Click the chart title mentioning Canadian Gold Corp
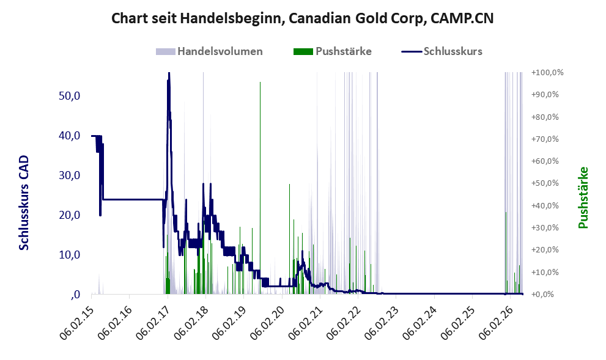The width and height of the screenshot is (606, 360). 303,18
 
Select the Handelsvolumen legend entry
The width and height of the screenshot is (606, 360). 209,51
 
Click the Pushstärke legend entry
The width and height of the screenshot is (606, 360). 333,51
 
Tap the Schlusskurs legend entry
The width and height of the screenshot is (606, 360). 442,51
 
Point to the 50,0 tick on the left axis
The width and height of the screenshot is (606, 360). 70,96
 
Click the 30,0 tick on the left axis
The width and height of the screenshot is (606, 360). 70,175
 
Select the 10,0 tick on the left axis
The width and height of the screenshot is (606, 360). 70,255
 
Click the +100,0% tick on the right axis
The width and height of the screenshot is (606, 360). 547,73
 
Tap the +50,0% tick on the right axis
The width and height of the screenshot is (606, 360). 545,183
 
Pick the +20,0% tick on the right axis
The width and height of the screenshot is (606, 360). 545,249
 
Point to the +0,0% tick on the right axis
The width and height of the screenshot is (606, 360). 543,295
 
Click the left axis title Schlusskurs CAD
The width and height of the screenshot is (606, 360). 24,203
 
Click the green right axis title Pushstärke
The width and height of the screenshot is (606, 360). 583,198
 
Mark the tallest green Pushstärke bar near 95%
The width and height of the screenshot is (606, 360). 260,188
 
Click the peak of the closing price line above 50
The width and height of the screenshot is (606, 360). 169,73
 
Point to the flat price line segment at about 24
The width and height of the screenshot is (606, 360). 132,199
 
